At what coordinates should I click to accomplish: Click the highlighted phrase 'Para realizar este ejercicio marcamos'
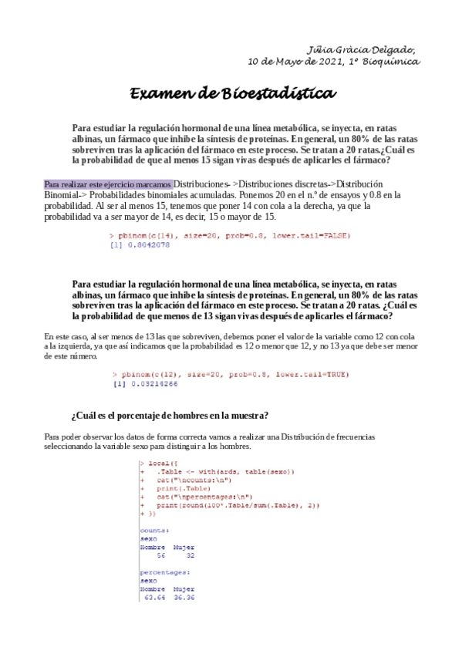tap(108, 184)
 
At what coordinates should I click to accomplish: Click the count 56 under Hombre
tap(160, 555)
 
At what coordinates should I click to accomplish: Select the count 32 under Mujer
tap(190, 555)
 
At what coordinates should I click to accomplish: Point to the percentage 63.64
tap(155, 598)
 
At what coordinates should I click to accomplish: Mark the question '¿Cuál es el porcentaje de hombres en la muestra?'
tap(170, 416)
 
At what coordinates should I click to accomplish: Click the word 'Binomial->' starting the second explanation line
tap(64, 195)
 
